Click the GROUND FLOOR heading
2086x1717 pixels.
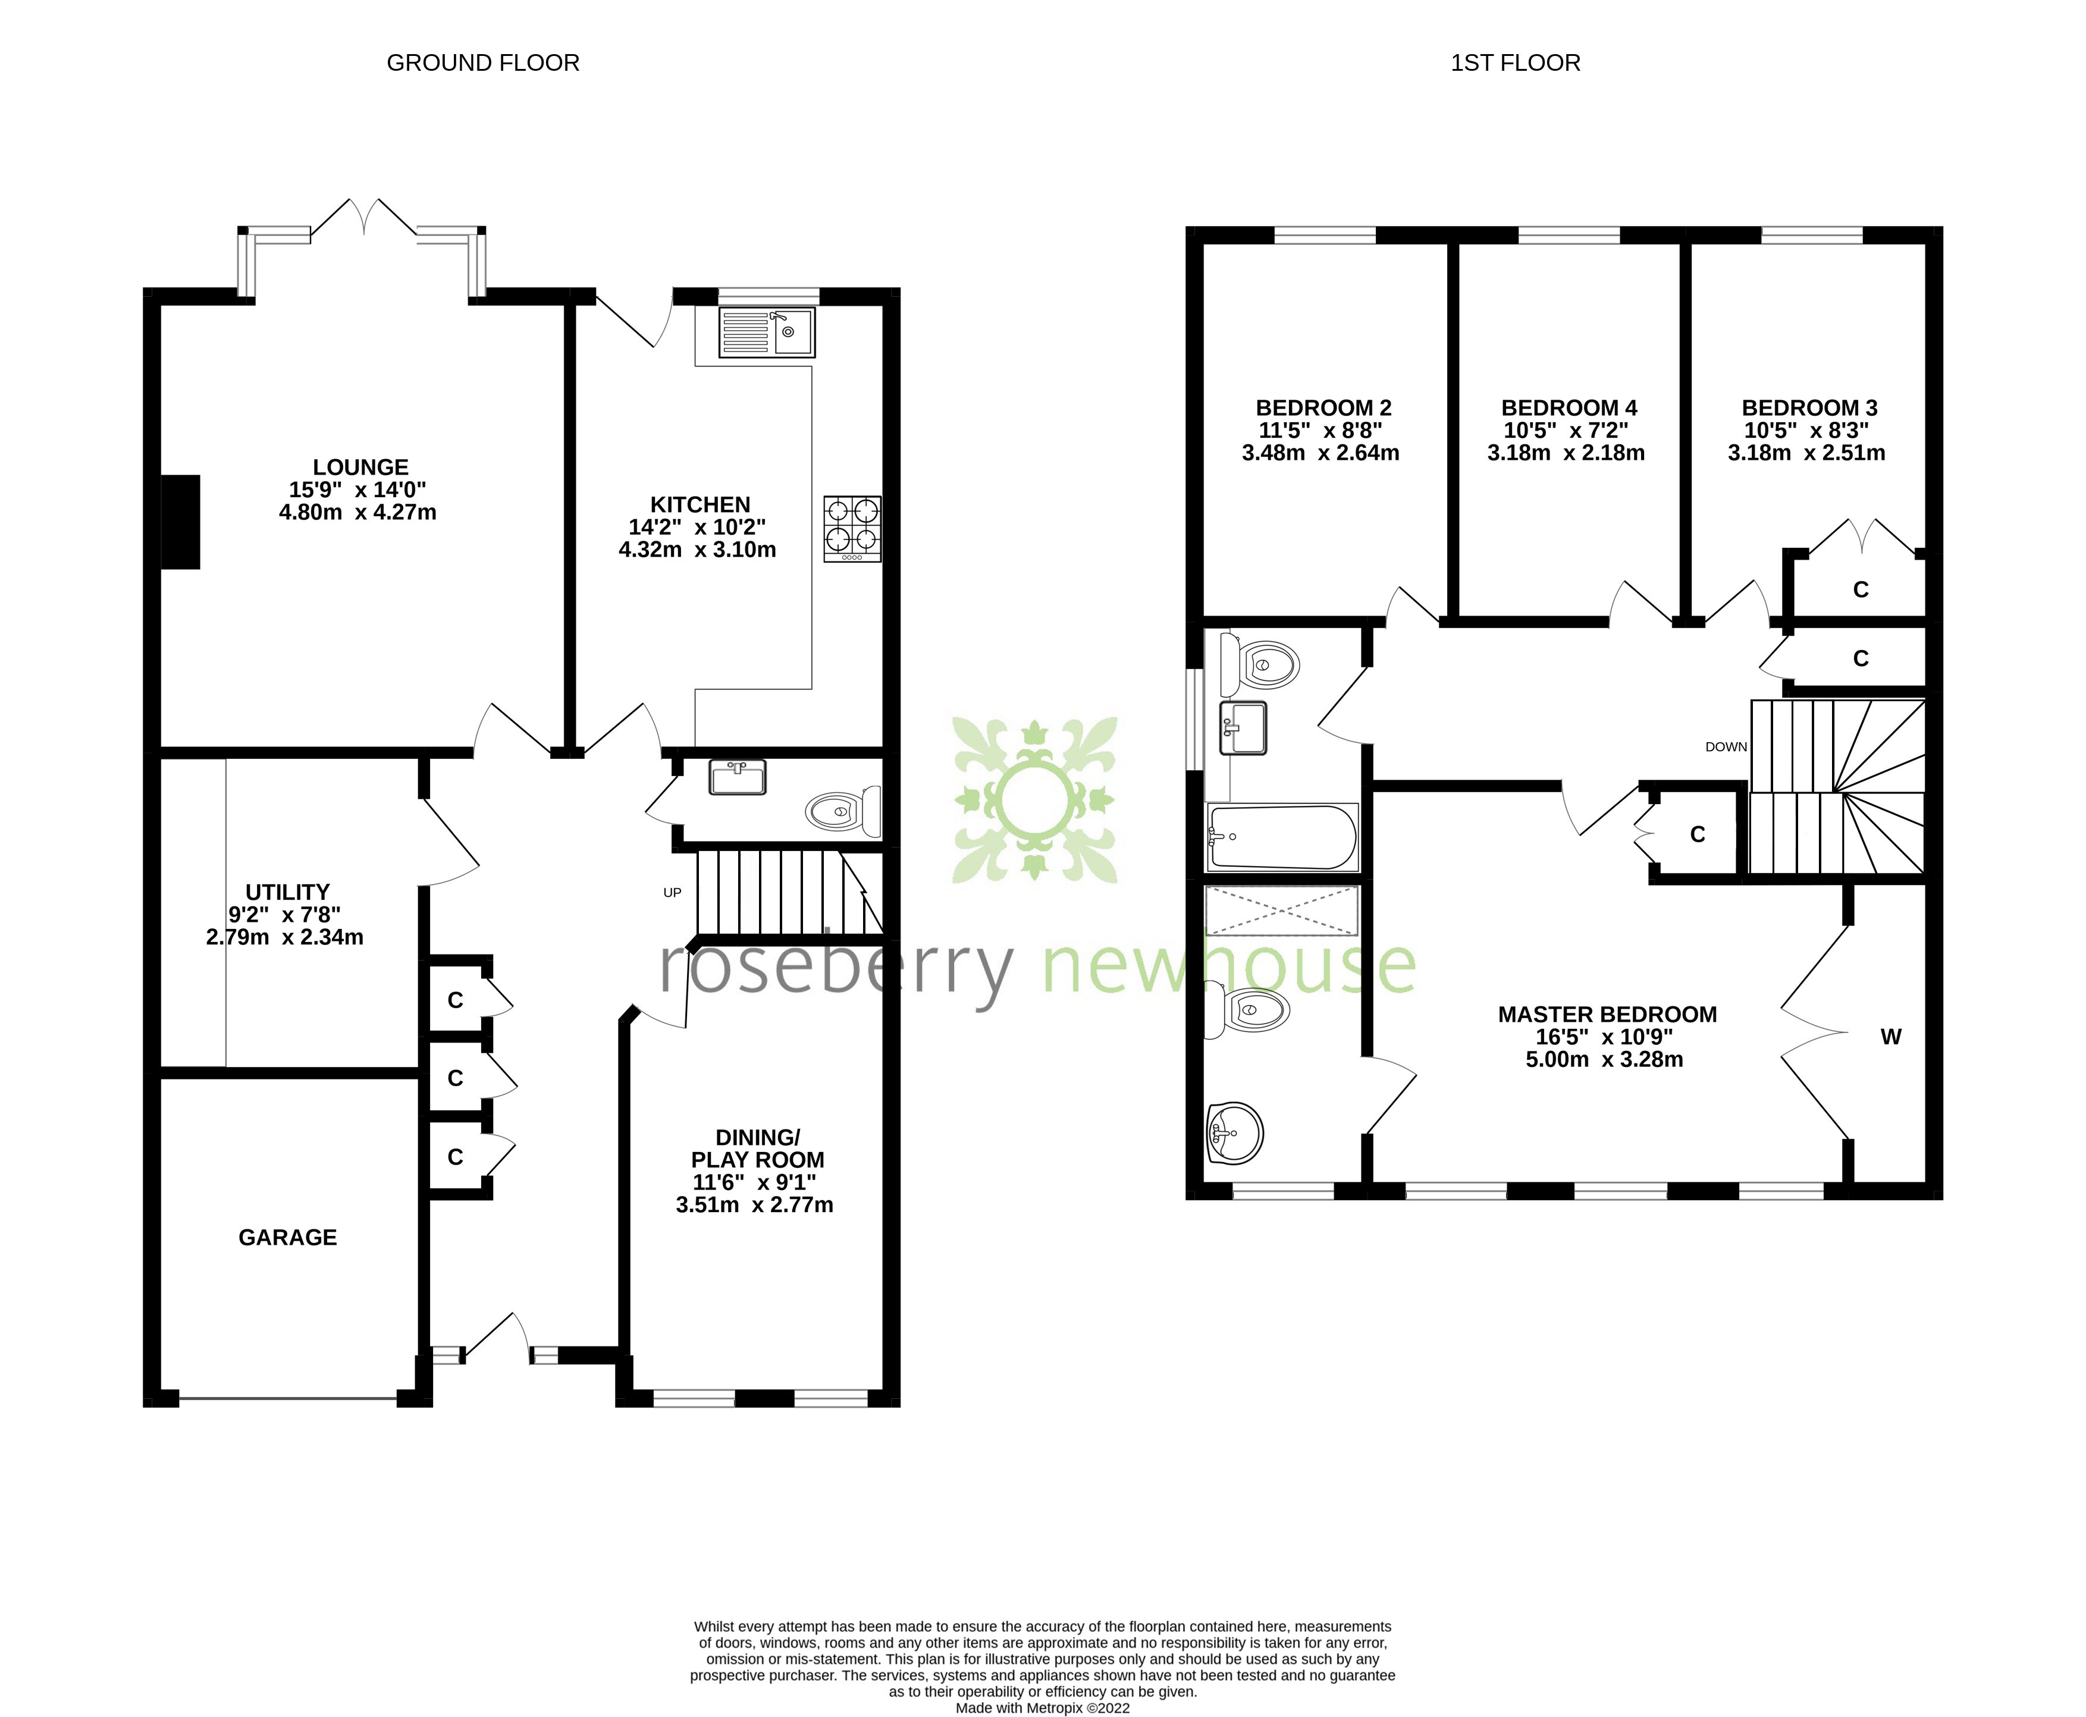coord(482,63)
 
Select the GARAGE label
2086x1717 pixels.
coord(288,1237)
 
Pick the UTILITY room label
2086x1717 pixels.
coord(287,892)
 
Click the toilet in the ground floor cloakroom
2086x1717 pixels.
coord(843,811)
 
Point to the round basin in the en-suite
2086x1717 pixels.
coord(1234,1132)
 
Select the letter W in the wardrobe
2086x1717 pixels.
coord(1890,1037)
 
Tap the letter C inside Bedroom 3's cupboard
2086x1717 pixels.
coord(1861,589)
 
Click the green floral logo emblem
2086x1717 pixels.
coord(1034,800)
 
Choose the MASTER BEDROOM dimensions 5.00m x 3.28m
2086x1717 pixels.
coord(1604,1059)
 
